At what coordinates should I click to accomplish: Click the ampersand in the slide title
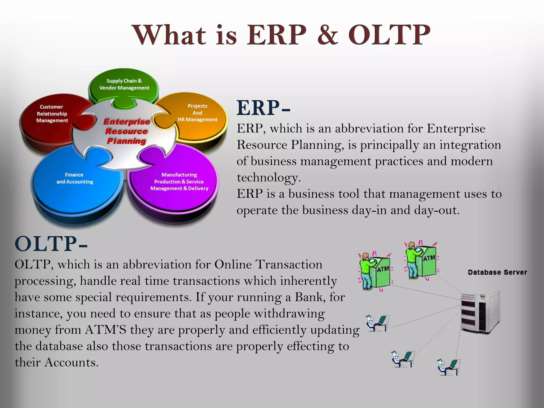tap(328, 35)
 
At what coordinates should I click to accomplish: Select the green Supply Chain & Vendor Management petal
tap(124, 84)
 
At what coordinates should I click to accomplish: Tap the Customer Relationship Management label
tap(52, 114)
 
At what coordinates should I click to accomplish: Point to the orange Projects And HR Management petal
tap(197, 113)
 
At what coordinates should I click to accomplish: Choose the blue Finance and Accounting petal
tap(75, 178)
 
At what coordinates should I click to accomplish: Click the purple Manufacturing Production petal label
tap(179, 182)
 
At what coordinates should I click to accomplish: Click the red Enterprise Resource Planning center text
tap(126, 131)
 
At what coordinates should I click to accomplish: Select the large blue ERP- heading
tap(263, 108)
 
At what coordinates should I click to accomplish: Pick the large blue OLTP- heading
tap(50, 244)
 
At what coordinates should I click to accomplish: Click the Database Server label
tap(497, 272)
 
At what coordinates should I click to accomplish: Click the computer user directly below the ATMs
tap(377, 323)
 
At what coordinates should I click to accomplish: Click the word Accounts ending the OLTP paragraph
tap(71, 363)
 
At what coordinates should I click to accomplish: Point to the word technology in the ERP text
tap(268, 178)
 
